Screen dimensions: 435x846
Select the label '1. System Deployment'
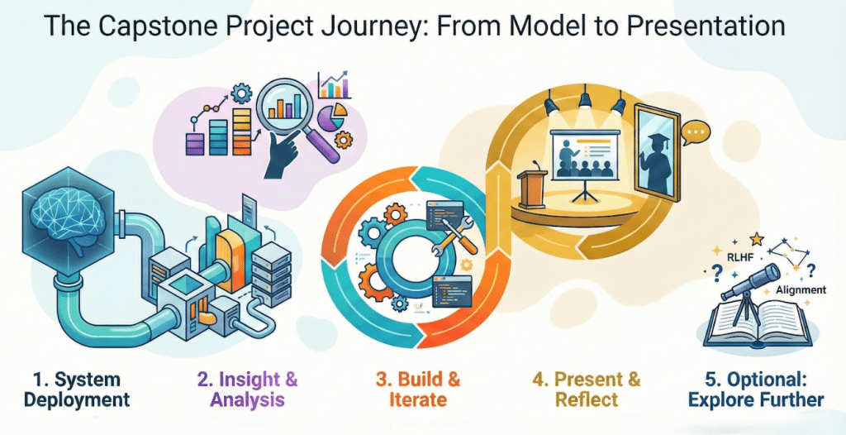coord(77,390)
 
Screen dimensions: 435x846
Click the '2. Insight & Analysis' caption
coord(248,390)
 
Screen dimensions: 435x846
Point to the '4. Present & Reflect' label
coord(587,390)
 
